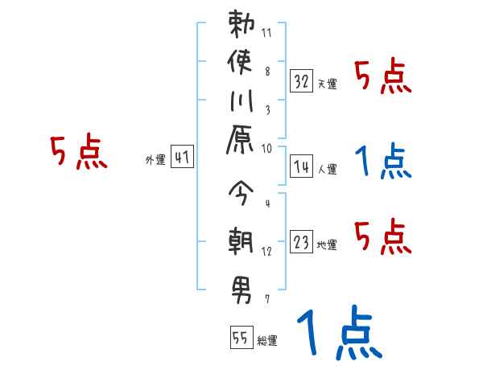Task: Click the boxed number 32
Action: point(301,80)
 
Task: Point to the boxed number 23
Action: point(301,242)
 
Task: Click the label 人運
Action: point(327,169)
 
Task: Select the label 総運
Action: point(267,341)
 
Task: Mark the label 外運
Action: point(155,160)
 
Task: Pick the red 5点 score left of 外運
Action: point(79,151)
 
